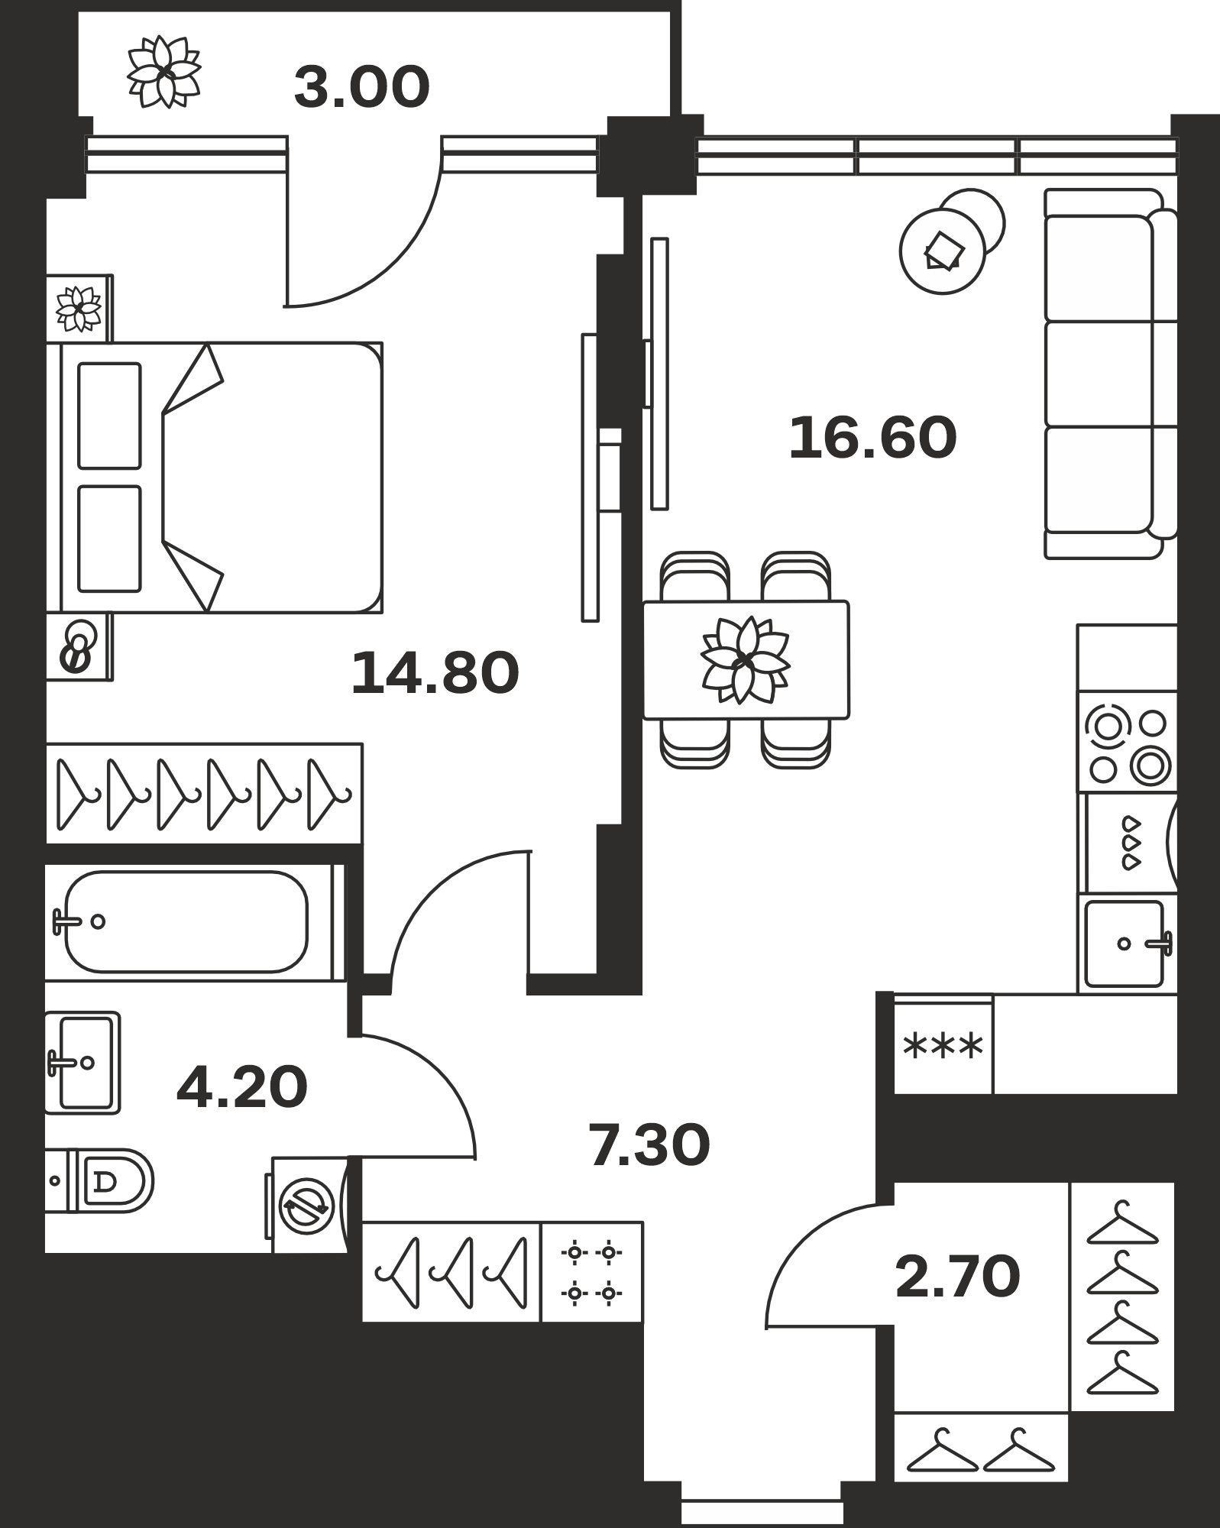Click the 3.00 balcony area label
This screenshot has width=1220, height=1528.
tap(362, 87)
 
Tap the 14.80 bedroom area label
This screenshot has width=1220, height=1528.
tap(435, 673)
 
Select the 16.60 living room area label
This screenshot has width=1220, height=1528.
tap(872, 438)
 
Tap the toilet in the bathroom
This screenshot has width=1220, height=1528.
tap(99, 1180)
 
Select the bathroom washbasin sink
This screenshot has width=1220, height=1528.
tap(83, 1063)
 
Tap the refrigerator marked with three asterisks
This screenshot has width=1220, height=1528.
tap(943, 1044)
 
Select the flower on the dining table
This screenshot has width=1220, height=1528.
tap(745, 660)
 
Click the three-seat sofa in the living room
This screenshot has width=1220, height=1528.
tap(1111, 374)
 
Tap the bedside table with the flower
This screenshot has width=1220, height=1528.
tap(79, 309)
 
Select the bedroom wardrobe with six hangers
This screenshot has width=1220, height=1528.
tap(204, 794)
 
